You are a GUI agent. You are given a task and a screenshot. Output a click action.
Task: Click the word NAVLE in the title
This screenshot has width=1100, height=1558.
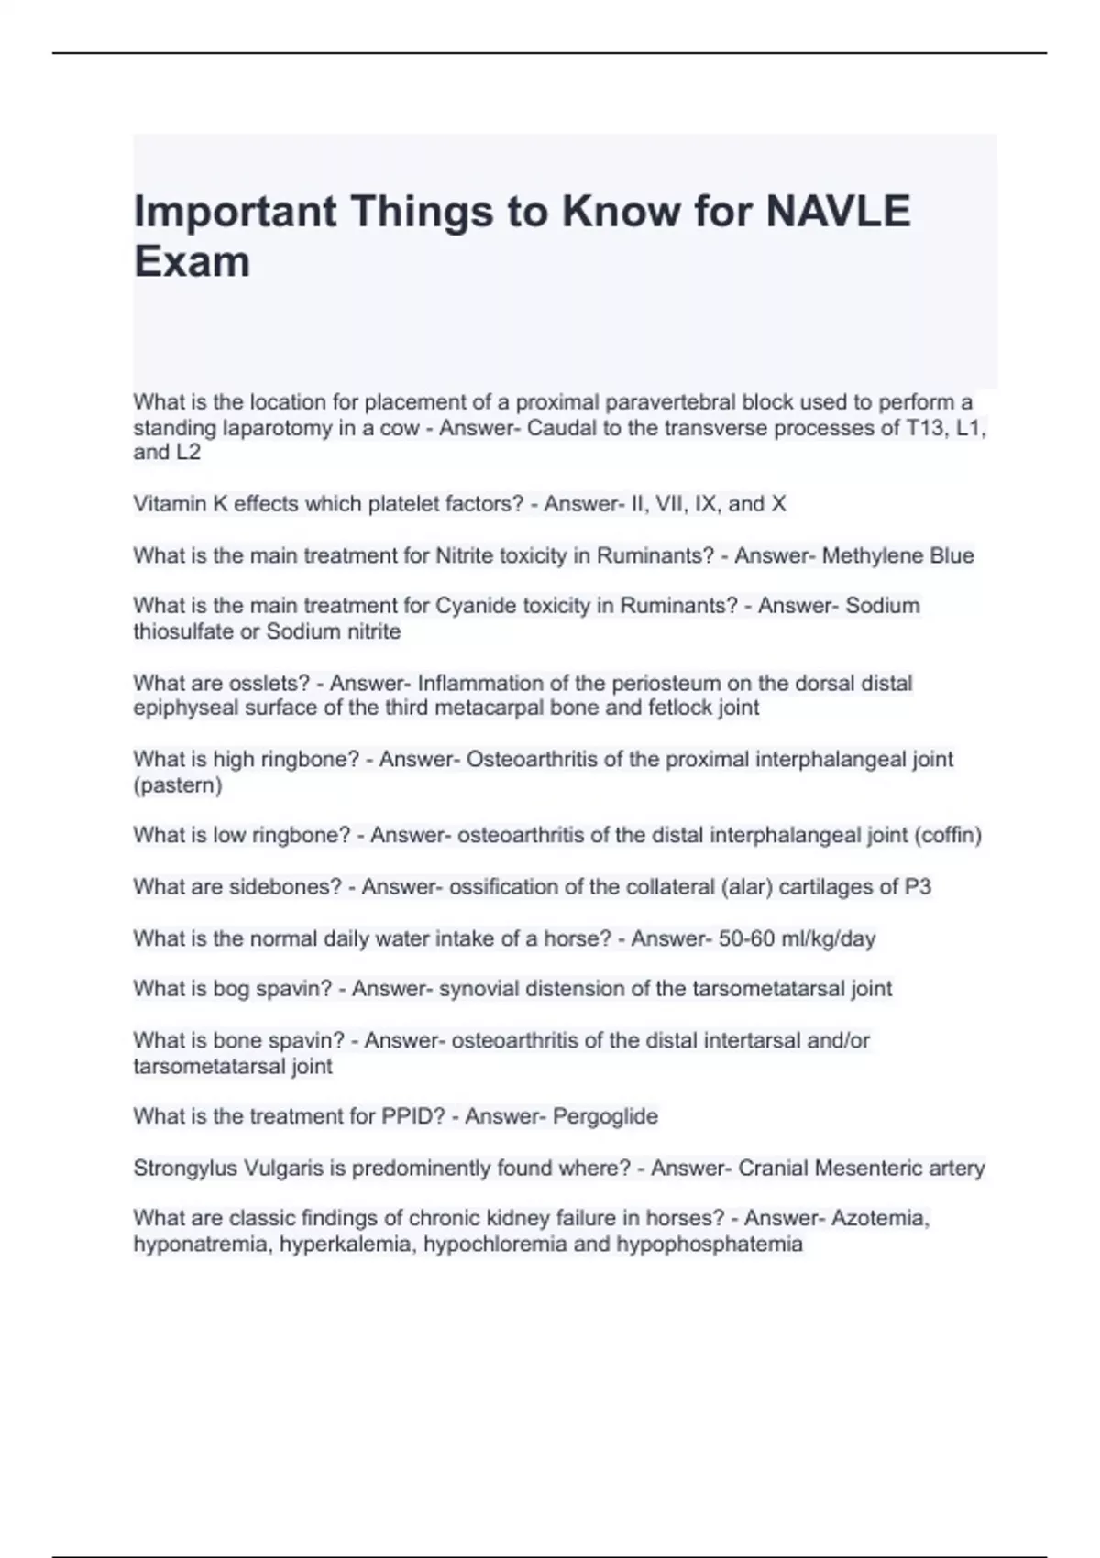coord(838,212)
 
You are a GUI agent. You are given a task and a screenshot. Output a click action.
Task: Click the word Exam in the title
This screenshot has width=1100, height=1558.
coord(192,262)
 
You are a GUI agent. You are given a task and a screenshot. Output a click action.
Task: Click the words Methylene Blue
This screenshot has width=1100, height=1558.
coord(897,555)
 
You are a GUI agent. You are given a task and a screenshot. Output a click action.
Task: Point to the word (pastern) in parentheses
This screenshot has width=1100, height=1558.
coord(178,785)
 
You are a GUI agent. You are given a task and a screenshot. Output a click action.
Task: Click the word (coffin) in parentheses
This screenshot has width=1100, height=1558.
coord(948,835)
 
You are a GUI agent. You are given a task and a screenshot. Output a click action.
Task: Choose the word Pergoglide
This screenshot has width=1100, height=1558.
coord(605,1116)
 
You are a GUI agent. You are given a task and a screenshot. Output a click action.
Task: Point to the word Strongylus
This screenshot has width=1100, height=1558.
coord(185,1168)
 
